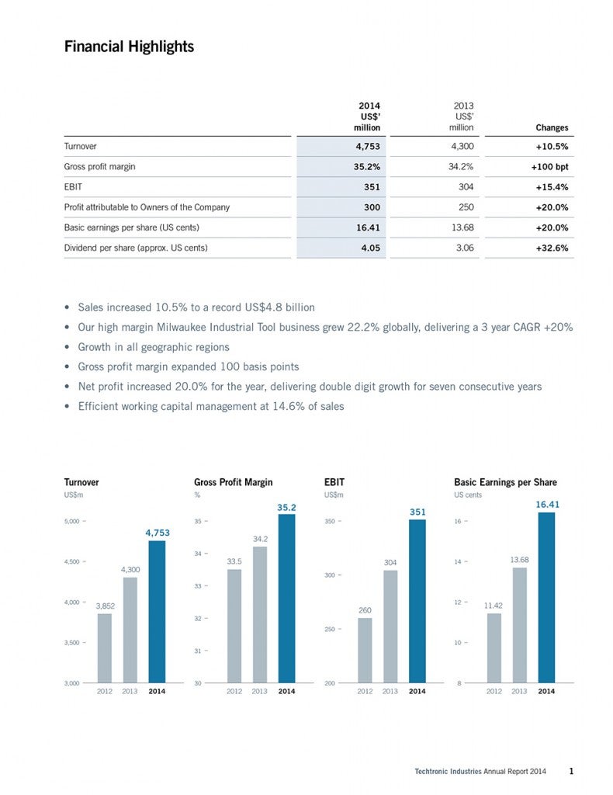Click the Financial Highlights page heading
(x=129, y=47)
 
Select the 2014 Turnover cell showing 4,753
(x=363, y=146)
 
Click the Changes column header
(x=552, y=127)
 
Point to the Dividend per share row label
(x=136, y=248)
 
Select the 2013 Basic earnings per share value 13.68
(x=460, y=228)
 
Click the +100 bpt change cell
(x=549, y=167)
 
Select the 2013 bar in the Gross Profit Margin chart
(x=260, y=614)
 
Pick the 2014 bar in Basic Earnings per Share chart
(x=546, y=597)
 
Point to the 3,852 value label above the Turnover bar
(x=106, y=605)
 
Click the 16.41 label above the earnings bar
(x=547, y=504)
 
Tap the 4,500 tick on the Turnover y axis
(x=75, y=561)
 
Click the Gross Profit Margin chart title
(x=233, y=482)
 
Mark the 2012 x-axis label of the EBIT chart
(x=365, y=691)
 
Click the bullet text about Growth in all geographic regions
(x=154, y=347)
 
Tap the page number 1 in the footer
(x=571, y=771)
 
